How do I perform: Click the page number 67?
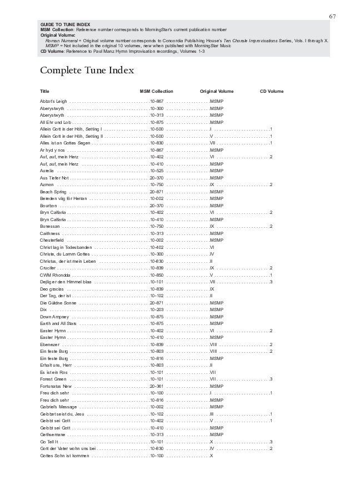[332, 16]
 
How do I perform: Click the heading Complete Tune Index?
[87, 71]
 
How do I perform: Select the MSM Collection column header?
[156, 91]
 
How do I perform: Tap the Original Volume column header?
[217, 91]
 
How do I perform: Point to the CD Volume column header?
[272, 91]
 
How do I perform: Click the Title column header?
[44, 91]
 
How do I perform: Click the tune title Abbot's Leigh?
[53, 101]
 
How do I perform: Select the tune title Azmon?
[47, 184]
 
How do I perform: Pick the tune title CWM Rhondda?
[55, 275]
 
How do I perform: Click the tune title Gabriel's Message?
[58, 407]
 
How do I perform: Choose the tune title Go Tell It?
[49, 442]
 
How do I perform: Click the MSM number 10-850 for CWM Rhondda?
[157, 275]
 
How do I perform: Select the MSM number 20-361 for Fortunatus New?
[157, 386]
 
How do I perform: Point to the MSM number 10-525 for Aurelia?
[157, 171]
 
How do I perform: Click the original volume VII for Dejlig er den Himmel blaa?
[212, 282]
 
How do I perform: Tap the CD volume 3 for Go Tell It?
[271, 442]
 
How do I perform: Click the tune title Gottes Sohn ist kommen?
[64, 456]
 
